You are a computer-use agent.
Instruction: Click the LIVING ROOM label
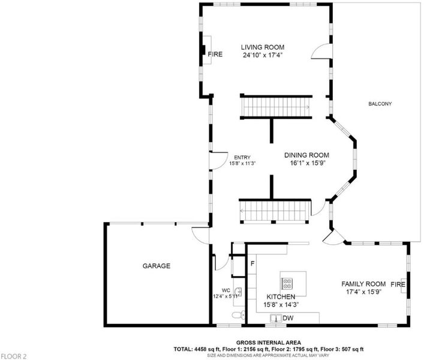(263, 47)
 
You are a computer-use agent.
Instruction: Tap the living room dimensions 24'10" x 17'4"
(263, 55)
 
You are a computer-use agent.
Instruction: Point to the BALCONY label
(380, 104)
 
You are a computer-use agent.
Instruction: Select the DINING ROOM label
(306, 155)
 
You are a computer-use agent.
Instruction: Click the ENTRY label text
(242, 158)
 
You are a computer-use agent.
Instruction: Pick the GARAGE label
(157, 266)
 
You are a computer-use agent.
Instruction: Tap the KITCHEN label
(281, 297)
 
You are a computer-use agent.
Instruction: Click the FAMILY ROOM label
(363, 284)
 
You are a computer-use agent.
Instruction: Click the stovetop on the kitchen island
(287, 283)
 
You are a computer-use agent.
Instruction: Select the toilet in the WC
(239, 315)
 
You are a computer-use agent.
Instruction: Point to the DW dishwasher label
(288, 318)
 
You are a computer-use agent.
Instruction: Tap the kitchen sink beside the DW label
(276, 319)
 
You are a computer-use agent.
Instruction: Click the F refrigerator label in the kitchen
(252, 263)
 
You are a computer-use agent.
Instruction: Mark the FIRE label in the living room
(215, 55)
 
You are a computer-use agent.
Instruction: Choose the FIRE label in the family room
(398, 284)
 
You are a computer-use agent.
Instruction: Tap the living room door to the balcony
(321, 51)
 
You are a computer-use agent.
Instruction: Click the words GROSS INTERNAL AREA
(269, 343)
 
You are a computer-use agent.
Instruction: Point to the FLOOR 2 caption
(14, 356)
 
